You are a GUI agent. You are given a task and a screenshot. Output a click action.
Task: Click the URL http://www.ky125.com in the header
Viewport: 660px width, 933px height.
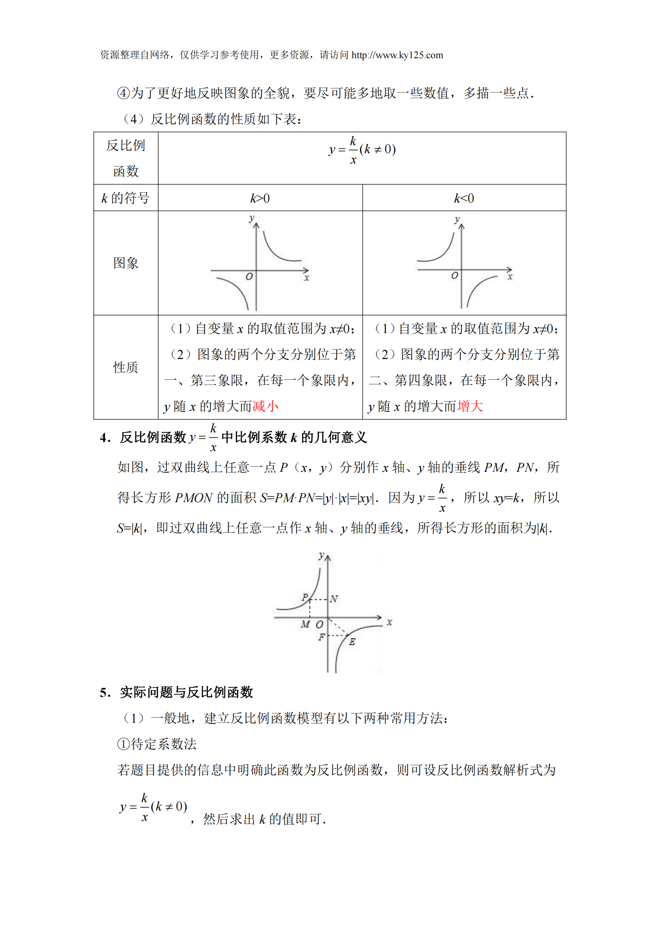click(x=397, y=55)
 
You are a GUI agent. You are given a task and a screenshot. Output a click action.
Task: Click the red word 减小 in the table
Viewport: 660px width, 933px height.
click(x=265, y=406)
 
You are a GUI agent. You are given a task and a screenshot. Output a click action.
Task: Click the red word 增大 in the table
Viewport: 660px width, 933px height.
click(x=470, y=406)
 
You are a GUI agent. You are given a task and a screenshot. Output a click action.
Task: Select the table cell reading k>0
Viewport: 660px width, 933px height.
click(x=260, y=198)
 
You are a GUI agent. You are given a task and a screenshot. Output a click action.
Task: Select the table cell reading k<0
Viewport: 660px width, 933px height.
click(x=464, y=198)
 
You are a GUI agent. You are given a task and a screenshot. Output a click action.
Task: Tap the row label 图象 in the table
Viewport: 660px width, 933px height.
click(x=126, y=263)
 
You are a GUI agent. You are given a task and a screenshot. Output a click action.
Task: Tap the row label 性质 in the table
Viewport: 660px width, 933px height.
click(x=126, y=367)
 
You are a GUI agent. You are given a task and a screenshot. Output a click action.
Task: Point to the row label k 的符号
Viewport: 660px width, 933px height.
click(x=126, y=198)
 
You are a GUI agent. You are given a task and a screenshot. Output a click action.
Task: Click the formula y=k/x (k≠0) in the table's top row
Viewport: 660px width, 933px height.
click(x=362, y=150)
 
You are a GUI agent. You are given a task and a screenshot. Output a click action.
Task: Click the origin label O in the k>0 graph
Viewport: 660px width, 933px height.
click(x=249, y=277)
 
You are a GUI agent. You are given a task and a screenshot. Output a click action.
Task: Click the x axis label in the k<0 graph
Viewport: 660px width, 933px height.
click(x=510, y=277)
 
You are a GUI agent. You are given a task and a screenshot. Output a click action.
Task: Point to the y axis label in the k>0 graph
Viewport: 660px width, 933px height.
click(x=251, y=218)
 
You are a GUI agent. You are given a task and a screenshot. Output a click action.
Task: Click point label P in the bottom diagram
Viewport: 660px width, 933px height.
click(x=305, y=597)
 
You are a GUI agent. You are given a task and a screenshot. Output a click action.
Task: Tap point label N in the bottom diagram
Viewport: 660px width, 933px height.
click(x=334, y=599)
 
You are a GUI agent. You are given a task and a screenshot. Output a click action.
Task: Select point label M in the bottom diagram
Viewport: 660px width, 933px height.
click(x=305, y=624)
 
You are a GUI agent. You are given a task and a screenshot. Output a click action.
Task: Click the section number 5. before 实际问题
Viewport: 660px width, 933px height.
click(x=105, y=692)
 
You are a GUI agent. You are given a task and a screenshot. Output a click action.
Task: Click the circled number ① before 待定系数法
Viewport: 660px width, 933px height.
click(x=123, y=744)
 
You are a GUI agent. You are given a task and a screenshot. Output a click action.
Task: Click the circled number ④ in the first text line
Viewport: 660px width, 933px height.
click(x=123, y=93)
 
